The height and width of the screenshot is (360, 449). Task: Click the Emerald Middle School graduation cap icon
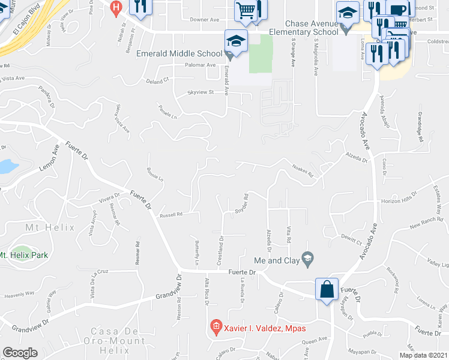(236, 41)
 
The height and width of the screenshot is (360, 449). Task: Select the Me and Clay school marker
(308, 259)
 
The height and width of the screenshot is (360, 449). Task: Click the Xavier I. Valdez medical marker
(215, 328)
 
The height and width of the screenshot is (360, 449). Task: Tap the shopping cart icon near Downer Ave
(245, 10)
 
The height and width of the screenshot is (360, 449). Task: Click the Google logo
(20, 353)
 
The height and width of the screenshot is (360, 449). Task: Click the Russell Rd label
(170, 214)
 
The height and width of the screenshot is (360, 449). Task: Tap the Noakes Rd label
(303, 172)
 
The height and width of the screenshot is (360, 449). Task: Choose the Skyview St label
(201, 93)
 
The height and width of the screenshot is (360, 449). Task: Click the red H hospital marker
(116, 7)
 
